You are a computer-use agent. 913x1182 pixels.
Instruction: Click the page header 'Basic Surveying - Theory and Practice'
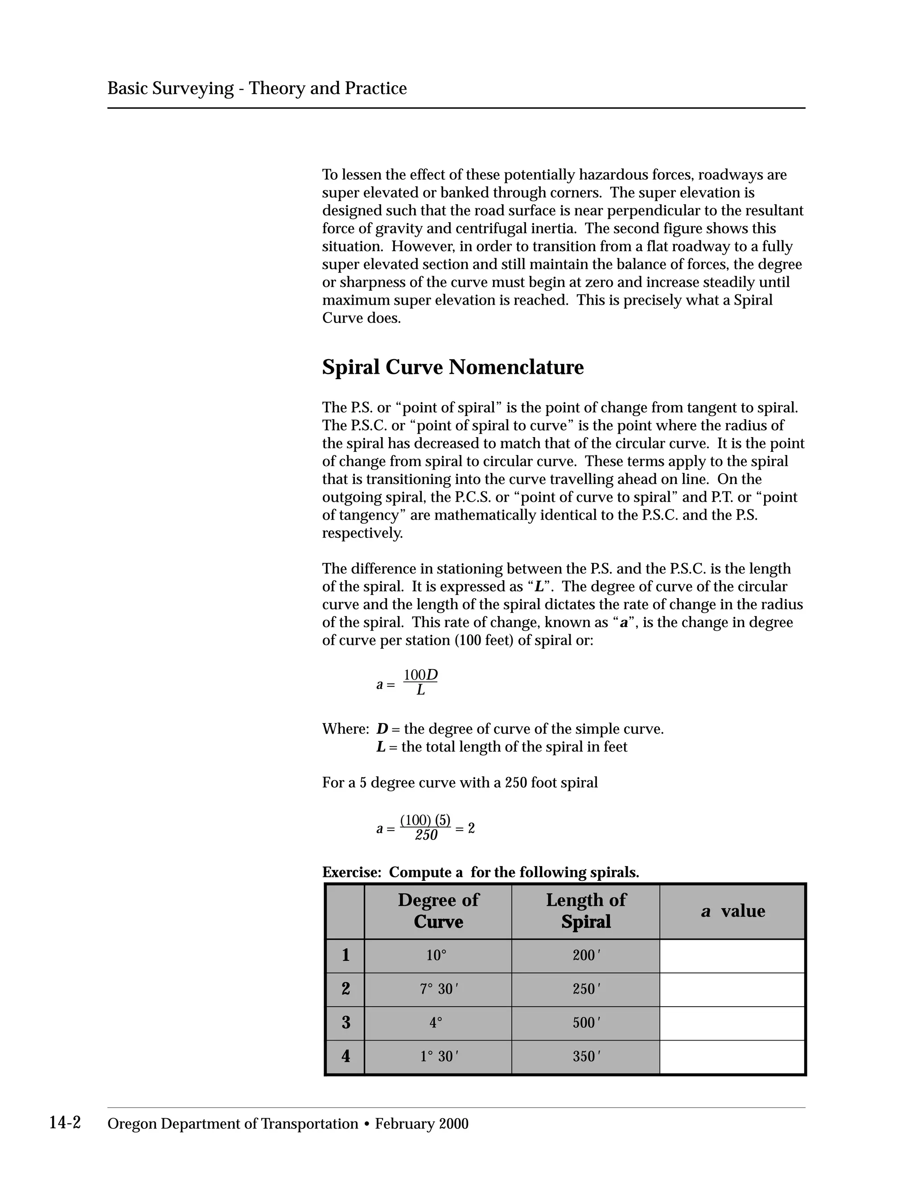coord(257,88)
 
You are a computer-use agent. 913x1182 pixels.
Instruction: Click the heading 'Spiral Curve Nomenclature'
coord(453,368)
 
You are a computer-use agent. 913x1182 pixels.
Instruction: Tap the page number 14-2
coord(65,1123)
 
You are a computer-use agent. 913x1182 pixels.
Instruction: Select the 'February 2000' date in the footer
coord(422,1124)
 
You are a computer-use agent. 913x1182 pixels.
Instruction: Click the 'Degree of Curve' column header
coord(438,911)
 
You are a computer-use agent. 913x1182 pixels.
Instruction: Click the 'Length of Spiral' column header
coord(586,911)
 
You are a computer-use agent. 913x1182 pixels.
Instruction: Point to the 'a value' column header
coord(733,911)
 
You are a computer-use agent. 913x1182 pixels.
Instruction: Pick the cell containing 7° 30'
coord(439,989)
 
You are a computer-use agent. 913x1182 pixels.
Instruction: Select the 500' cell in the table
coord(586,1023)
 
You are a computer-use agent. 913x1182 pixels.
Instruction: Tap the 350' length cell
coord(586,1056)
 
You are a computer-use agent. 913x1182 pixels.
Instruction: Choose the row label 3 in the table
coord(345,1022)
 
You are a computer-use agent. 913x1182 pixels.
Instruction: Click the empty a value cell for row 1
coord(732,956)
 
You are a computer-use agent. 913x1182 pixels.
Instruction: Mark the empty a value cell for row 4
coord(732,1056)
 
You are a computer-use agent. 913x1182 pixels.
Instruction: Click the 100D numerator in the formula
coord(420,675)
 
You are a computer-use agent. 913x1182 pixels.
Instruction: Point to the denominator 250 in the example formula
coord(426,835)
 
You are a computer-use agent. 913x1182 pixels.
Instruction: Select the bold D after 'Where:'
coord(382,729)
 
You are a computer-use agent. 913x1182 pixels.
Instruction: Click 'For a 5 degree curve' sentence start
coord(368,783)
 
